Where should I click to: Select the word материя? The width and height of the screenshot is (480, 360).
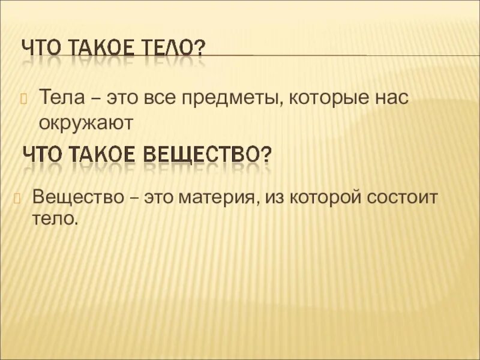tap(218, 196)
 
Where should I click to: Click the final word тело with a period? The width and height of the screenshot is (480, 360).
tap(55, 220)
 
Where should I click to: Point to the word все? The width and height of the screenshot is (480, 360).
tap(158, 98)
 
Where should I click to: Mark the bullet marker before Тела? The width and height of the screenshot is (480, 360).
tap(25, 98)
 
